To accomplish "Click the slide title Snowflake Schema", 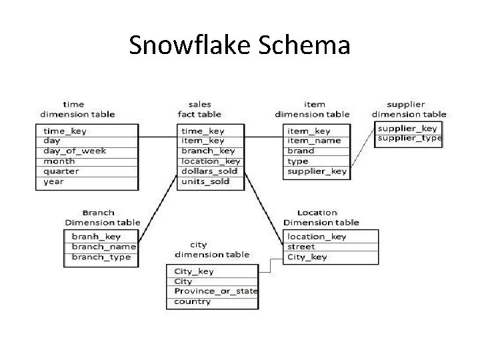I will [x=239, y=45].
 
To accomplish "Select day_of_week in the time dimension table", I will [x=75, y=151].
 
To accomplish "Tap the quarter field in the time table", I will [x=61, y=171].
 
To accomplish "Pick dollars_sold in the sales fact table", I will [x=209, y=171].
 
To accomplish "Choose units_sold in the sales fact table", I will [x=205, y=181].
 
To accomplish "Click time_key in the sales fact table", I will [x=203, y=131].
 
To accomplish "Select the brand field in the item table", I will [x=301, y=151].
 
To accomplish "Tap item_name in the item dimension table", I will [x=314, y=141].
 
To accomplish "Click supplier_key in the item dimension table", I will [x=317, y=171].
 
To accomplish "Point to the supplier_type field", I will [x=409, y=138].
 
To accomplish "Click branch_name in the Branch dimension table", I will [x=103, y=247].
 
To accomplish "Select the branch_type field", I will [x=101, y=257].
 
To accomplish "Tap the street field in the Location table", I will [x=301, y=247].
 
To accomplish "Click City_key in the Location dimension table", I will [x=307, y=257].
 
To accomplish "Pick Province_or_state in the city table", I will [x=216, y=291].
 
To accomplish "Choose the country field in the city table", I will [x=193, y=301].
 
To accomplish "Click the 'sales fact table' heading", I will [x=200, y=109].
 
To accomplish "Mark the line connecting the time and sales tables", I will [x=158, y=137].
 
